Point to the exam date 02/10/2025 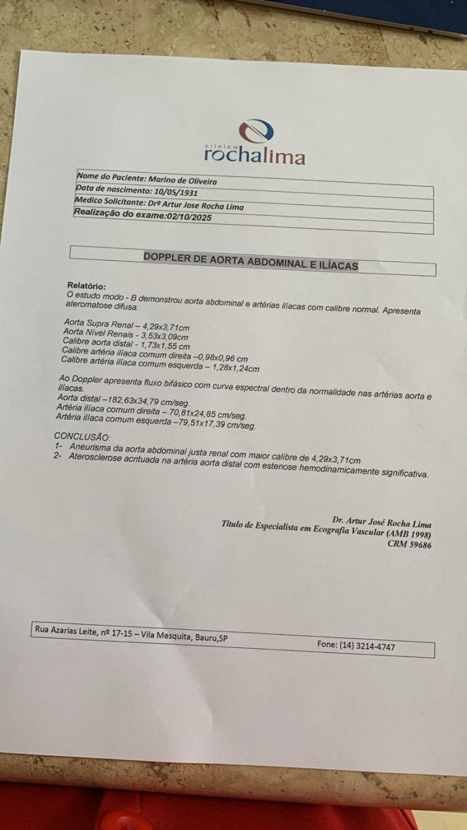[189, 217]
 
